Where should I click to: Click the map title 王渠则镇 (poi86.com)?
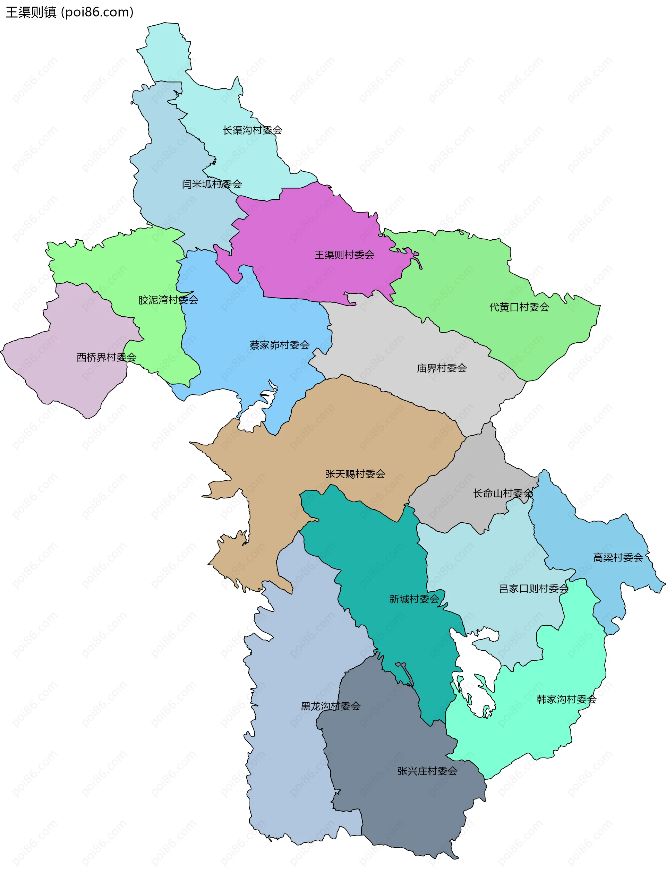pyautogui.click(x=69, y=12)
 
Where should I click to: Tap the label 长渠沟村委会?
pyautogui.click(x=253, y=130)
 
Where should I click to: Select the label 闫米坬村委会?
pyautogui.click(x=212, y=184)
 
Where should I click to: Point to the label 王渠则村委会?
pyautogui.click(x=344, y=255)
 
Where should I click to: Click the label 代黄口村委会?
pyautogui.click(x=519, y=307)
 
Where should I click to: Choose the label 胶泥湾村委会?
pyautogui.click(x=168, y=300)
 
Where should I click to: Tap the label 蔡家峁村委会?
pyautogui.click(x=280, y=345)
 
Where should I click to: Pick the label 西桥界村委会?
pyautogui.click(x=106, y=357)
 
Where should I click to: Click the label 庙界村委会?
pyautogui.click(x=442, y=368)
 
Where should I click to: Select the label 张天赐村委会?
pyautogui.click(x=355, y=474)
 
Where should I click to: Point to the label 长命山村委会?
pyautogui.click(x=503, y=493)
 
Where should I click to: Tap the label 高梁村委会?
pyautogui.click(x=618, y=557)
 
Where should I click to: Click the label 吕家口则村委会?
pyautogui.click(x=533, y=589)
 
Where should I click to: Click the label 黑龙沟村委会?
pyautogui.click(x=331, y=707)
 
